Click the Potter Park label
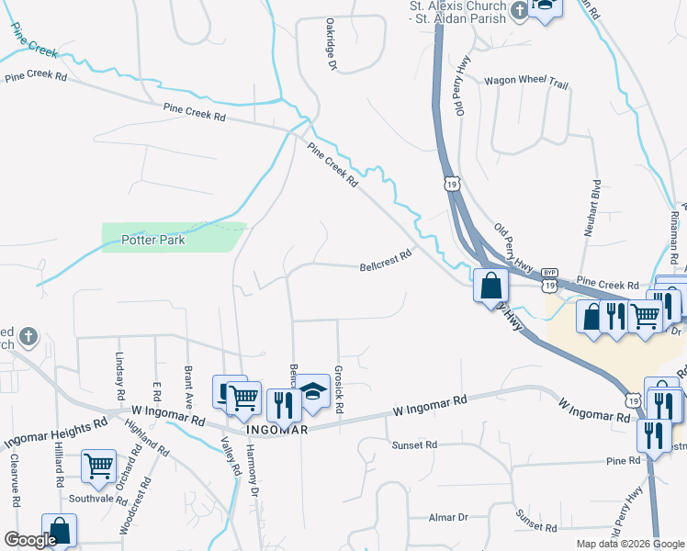coord(153,241)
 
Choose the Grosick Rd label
coord(339,387)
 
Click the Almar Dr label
coord(449,518)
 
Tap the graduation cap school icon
coord(312,392)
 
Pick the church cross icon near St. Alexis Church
coord(520,11)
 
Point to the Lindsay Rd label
coord(118,376)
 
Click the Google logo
coord(30,540)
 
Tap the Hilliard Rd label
coord(58,463)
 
